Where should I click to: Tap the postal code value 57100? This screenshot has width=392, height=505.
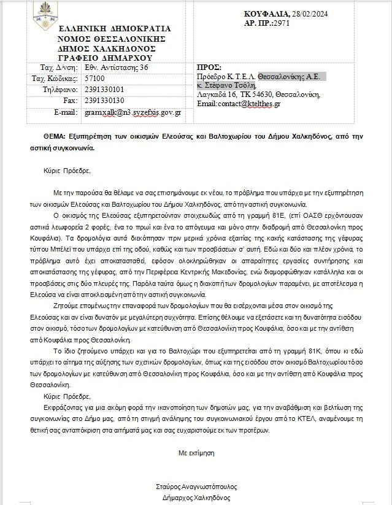(x=95, y=79)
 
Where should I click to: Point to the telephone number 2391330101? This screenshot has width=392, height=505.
(x=105, y=90)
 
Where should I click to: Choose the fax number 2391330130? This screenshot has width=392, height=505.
(x=105, y=100)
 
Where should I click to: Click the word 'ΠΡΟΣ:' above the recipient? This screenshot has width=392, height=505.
(x=209, y=68)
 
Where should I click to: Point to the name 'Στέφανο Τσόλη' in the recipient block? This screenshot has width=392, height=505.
(x=239, y=86)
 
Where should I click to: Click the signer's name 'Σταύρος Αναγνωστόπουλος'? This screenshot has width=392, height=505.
(x=196, y=486)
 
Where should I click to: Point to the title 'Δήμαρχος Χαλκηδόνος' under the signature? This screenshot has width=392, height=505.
(x=196, y=497)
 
